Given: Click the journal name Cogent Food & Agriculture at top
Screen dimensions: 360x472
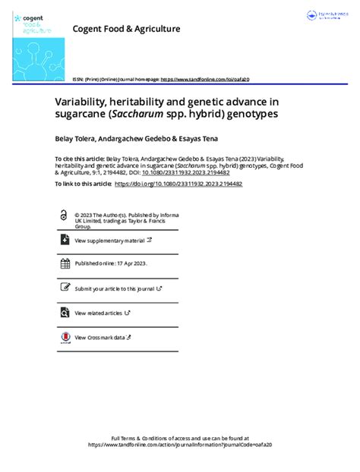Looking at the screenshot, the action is click(126, 29).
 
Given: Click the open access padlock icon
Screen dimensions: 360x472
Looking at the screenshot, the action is click(63, 216).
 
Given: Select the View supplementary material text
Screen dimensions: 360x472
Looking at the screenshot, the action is click(109, 241).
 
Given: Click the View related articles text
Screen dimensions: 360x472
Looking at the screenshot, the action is click(99, 313).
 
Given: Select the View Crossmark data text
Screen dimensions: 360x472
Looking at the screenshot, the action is click(99, 337).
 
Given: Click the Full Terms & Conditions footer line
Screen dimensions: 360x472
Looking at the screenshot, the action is click(180, 439).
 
